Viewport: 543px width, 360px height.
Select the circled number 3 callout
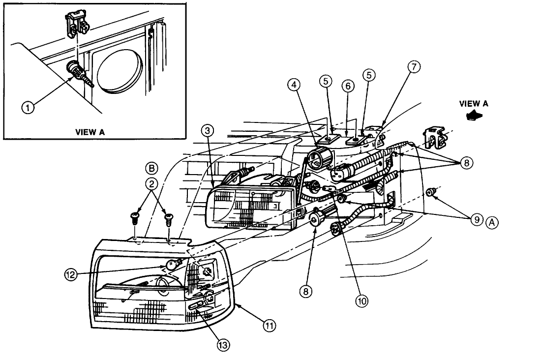pos(208,130)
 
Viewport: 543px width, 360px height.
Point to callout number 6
pos(347,85)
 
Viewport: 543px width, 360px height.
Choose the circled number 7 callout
pos(414,68)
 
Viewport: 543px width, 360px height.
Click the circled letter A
pos(492,222)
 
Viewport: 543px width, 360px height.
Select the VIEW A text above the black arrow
pos(474,103)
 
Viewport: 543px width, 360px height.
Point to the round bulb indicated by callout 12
pos(171,264)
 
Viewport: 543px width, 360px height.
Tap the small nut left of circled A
pos(430,192)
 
